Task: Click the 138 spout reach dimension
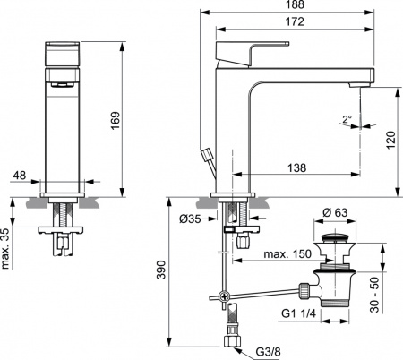pyautogui.click(x=300, y=167)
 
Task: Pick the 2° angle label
pyautogui.click(x=346, y=118)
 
